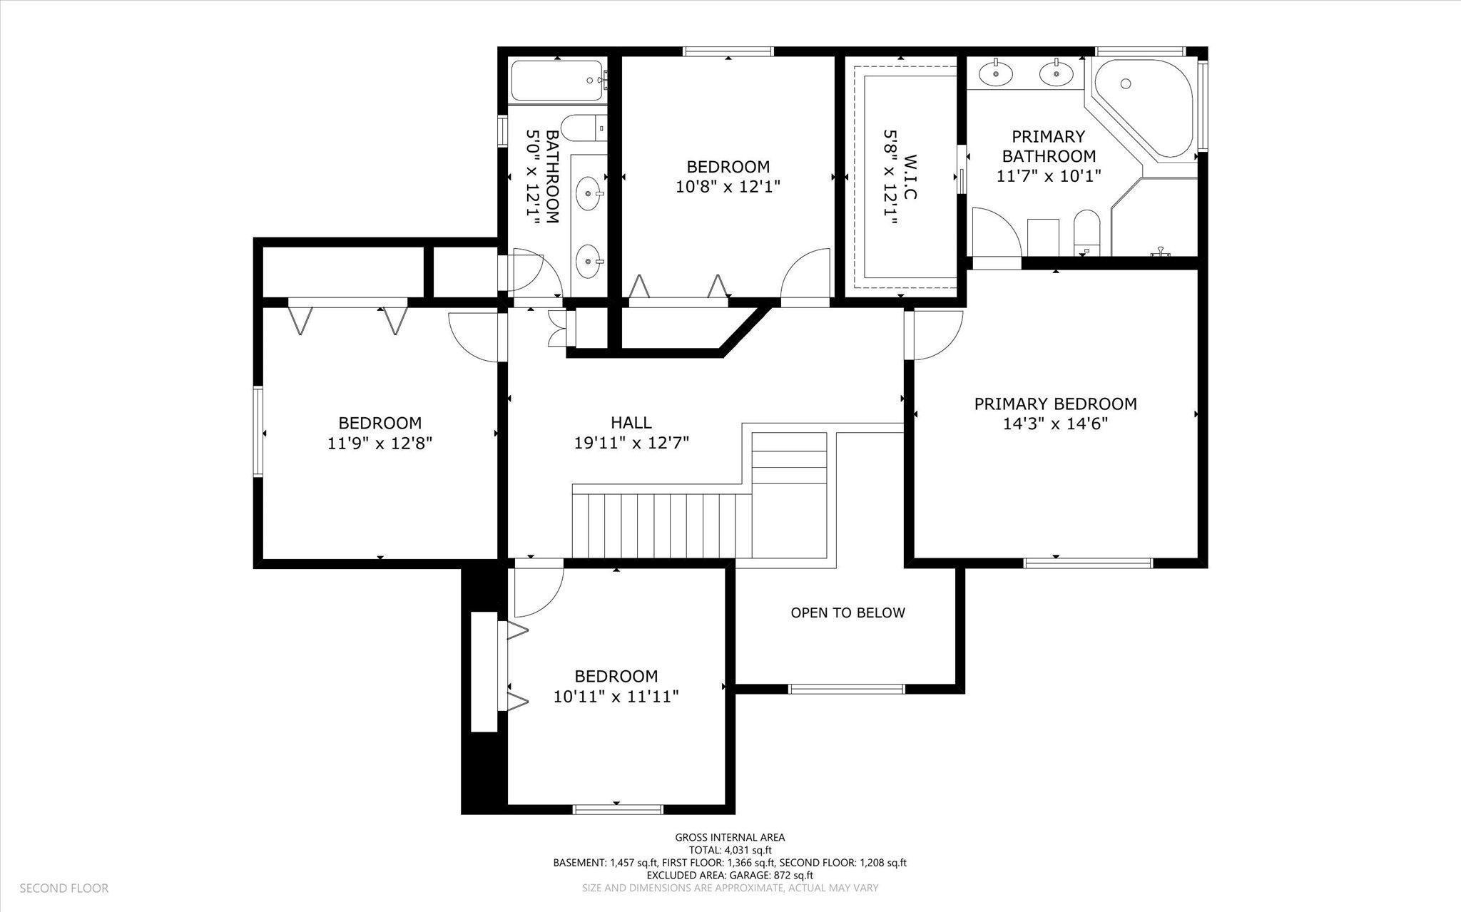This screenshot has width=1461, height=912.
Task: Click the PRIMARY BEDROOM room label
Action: point(1055,404)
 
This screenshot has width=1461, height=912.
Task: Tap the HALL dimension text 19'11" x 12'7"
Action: point(631,443)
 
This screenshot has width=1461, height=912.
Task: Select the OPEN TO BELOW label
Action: point(847,613)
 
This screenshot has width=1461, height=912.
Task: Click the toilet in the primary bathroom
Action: point(1088,232)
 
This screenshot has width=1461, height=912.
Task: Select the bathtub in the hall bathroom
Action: point(556,80)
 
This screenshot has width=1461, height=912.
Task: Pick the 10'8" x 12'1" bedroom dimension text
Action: point(728,187)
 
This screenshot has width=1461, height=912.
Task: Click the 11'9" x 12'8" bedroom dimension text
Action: point(380,444)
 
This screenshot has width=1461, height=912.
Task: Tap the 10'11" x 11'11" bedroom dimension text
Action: point(616,696)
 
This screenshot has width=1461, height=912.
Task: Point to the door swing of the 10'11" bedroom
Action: point(536,592)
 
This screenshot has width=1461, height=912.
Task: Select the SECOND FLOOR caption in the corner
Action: point(63,888)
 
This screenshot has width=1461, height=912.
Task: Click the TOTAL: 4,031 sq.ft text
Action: point(730,850)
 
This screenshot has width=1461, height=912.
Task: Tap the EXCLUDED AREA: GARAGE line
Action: point(730,875)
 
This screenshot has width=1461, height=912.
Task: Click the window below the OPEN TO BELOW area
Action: point(846,689)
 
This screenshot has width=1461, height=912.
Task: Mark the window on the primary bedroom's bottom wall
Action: point(1088,563)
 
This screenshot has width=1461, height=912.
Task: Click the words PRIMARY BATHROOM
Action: point(1049,146)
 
